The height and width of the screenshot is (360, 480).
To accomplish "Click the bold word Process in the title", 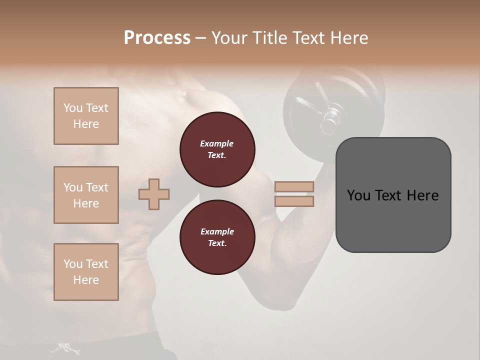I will pyautogui.click(x=157, y=38).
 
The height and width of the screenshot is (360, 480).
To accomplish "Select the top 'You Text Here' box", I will pyautogui.click(x=86, y=116).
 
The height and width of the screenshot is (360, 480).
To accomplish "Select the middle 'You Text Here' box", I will pyautogui.click(x=86, y=195).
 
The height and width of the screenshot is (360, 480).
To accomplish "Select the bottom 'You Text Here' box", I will pyautogui.click(x=86, y=272).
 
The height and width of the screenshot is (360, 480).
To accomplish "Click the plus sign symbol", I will pyautogui.click(x=154, y=194).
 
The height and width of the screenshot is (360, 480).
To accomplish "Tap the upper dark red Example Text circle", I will pyautogui.click(x=217, y=149).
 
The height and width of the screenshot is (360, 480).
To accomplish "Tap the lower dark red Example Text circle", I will pyautogui.click(x=217, y=237).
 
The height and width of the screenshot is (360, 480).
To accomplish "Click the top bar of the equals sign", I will pyautogui.click(x=294, y=187).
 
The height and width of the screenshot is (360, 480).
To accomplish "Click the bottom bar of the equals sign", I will pyautogui.click(x=294, y=201).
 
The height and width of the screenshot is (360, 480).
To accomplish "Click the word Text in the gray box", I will pyautogui.click(x=392, y=195).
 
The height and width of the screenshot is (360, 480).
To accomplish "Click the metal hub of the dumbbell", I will pyautogui.click(x=330, y=118).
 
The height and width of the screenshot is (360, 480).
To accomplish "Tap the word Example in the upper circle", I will pyautogui.click(x=217, y=143).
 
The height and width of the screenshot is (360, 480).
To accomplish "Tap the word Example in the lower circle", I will pyautogui.click(x=217, y=231).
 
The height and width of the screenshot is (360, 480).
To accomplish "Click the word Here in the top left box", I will pyautogui.click(x=86, y=124).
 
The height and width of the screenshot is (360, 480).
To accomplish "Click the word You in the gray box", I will pyautogui.click(x=358, y=195).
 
